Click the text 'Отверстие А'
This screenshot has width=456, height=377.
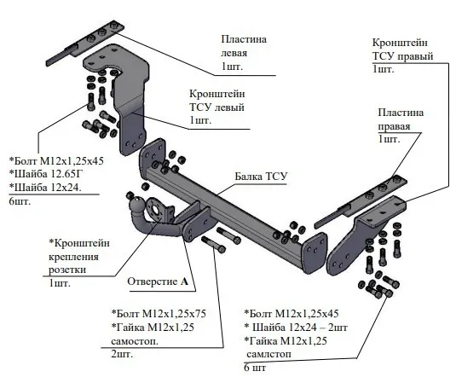(158, 281)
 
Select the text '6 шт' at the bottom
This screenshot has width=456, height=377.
(257, 368)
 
